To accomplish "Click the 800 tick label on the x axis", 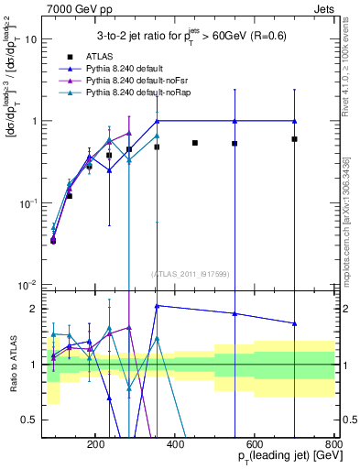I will [x=334, y=442].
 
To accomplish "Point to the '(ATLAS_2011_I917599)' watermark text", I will [x=191, y=273].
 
